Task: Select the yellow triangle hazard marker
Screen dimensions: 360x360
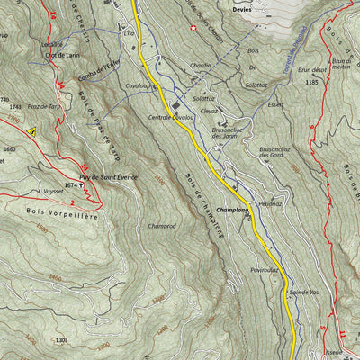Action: [x=31, y=131]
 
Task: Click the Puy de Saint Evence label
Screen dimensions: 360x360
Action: [x=108, y=178]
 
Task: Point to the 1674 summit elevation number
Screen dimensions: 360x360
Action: [x=73, y=184]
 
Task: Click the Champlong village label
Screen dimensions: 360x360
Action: [x=232, y=210]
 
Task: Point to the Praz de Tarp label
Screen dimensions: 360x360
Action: [x=45, y=107]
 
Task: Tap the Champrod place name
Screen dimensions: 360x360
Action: [x=162, y=227]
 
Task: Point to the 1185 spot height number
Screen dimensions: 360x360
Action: [x=311, y=82]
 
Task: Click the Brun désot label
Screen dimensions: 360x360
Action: [x=310, y=68]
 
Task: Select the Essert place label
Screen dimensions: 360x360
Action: [x=275, y=104]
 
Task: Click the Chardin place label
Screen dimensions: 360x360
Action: [x=201, y=65]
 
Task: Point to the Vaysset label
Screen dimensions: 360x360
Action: [x=52, y=191]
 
